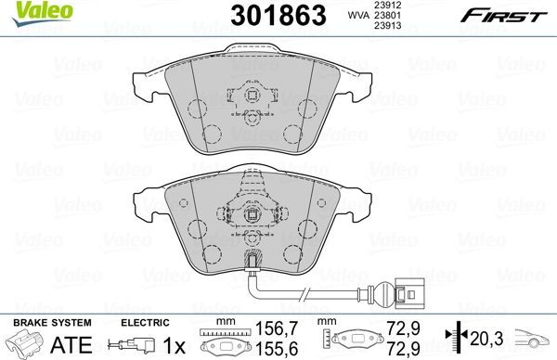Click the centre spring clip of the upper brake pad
[x=250, y=96]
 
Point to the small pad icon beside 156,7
[x=225, y=342]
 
